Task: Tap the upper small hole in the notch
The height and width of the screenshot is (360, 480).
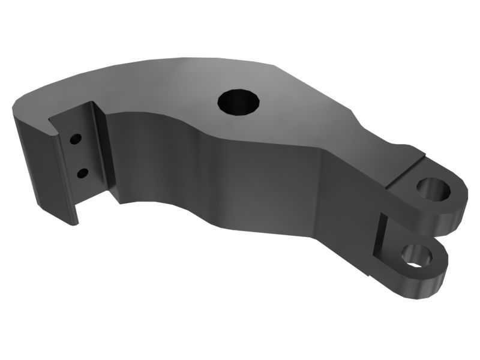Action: (x=76, y=139)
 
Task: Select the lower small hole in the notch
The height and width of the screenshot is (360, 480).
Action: (x=82, y=174)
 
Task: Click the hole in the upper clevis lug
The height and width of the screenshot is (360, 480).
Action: (x=435, y=189)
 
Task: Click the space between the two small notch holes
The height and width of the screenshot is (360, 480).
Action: (x=79, y=157)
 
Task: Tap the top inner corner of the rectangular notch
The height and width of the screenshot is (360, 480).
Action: (x=90, y=105)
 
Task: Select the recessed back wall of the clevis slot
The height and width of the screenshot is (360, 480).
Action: (x=377, y=237)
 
